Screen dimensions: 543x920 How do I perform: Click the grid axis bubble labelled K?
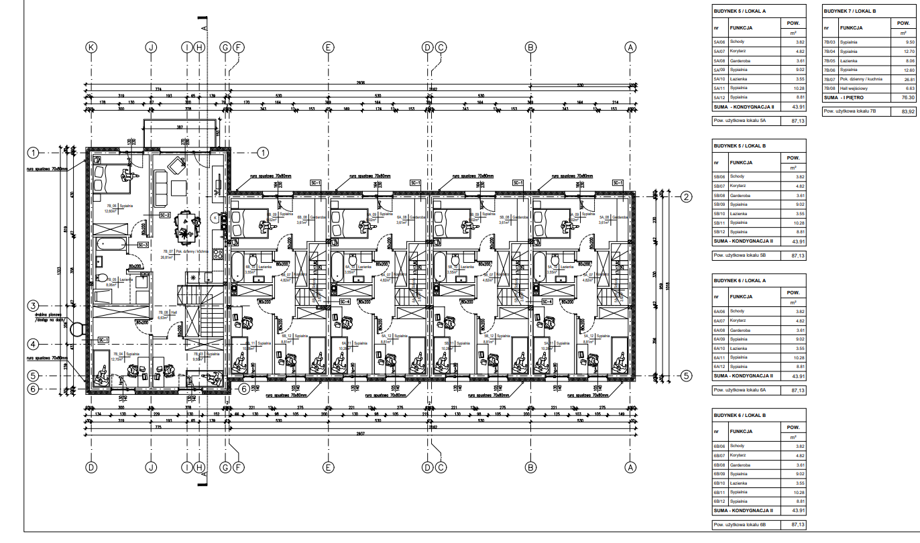coord(92,47)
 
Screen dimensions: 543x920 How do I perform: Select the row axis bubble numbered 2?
coord(686,196)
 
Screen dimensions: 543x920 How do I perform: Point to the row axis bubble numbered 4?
coord(34,344)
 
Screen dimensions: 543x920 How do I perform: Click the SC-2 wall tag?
coord(164,215)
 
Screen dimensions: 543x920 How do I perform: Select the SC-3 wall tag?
coord(142,245)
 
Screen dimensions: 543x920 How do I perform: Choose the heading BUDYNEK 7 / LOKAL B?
coord(850,11)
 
